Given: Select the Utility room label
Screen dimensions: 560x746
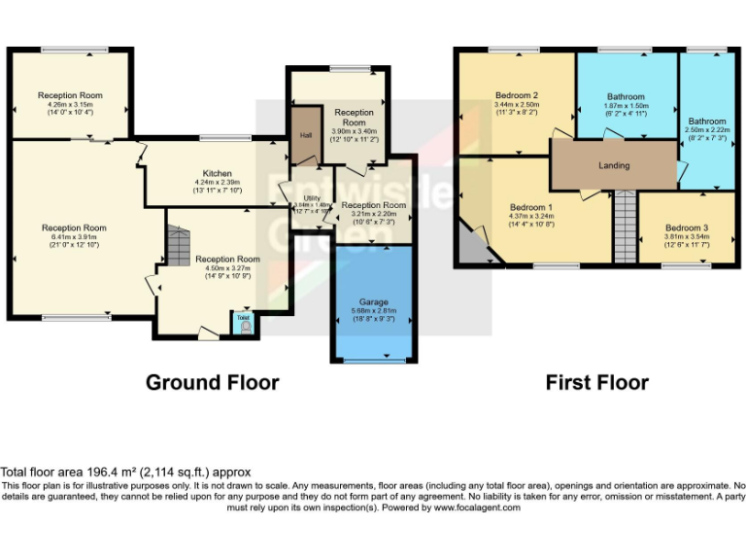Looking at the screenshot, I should pyautogui.click(x=312, y=198).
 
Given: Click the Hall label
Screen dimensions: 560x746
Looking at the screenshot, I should pyautogui.click(x=306, y=135).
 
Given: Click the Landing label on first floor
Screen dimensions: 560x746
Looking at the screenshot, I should pyautogui.click(x=614, y=165).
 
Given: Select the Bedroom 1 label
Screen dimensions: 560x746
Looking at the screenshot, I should pyautogui.click(x=531, y=207).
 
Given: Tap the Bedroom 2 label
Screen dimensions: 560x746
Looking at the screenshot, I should pyautogui.click(x=516, y=95).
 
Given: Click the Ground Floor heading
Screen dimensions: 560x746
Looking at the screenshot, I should pyautogui.click(x=212, y=382).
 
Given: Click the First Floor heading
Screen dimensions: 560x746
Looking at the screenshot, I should pyautogui.click(x=596, y=382).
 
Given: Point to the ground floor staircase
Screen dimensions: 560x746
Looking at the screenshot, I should pyautogui.click(x=177, y=246).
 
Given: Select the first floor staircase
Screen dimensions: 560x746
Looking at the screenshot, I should pyautogui.click(x=624, y=226).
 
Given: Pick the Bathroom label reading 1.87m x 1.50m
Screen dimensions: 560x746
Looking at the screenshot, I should pyautogui.click(x=626, y=106).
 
